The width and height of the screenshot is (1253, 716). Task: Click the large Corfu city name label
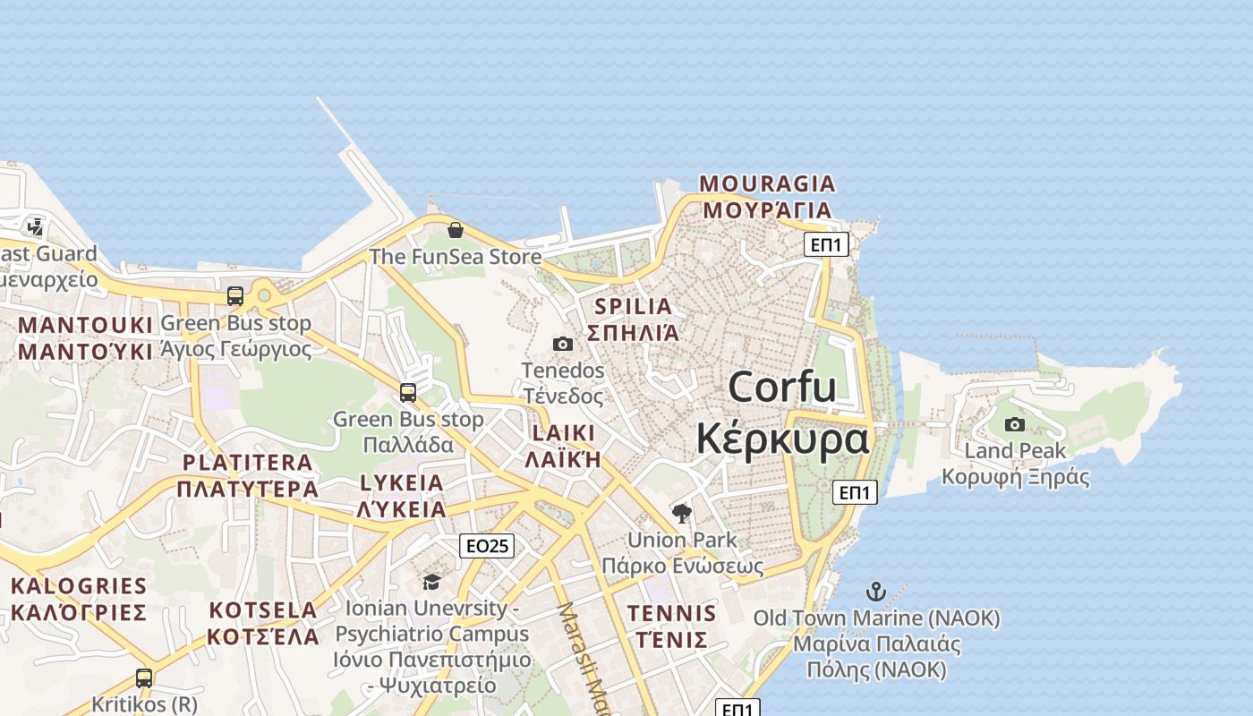pyautogui.click(x=782, y=413)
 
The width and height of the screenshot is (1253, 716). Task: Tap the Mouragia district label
pyautogui.click(x=767, y=197)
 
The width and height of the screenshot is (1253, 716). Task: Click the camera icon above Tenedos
pyautogui.click(x=563, y=345)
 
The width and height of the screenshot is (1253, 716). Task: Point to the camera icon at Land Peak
pyautogui.click(x=1014, y=425)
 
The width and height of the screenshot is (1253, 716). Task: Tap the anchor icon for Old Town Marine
pyautogui.click(x=876, y=592)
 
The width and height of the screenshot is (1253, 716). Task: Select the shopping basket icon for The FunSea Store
pyautogui.click(x=456, y=230)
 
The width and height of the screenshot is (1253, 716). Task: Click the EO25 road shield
pyautogui.click(x=487, y=545)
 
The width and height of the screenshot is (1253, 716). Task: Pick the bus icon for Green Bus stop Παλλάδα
pyautogui.click(x=408, y=393)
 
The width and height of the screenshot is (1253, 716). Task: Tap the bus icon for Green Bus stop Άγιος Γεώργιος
pyautogui.click(x=235, y=296)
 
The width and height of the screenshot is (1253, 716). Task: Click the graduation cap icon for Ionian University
pyautogui.click(x=431, y=583)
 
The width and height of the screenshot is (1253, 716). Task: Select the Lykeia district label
pyautogui.click(x=401, y=496)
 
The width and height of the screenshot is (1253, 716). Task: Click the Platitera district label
pyautogui.click(x=248, y=475)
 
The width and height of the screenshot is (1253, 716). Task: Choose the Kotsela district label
pyautogui.click(x=263, y=623)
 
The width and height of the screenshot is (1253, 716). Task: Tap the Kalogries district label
pyautogui.click(x=79, y=600)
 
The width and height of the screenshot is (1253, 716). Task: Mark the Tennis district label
pyautogui.click(x=671, y=626)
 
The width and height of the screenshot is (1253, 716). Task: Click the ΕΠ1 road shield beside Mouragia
pyautogui.click(x=825, y=244)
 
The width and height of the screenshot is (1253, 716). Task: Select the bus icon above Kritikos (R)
pyautogui.click(x=144, y=678)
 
